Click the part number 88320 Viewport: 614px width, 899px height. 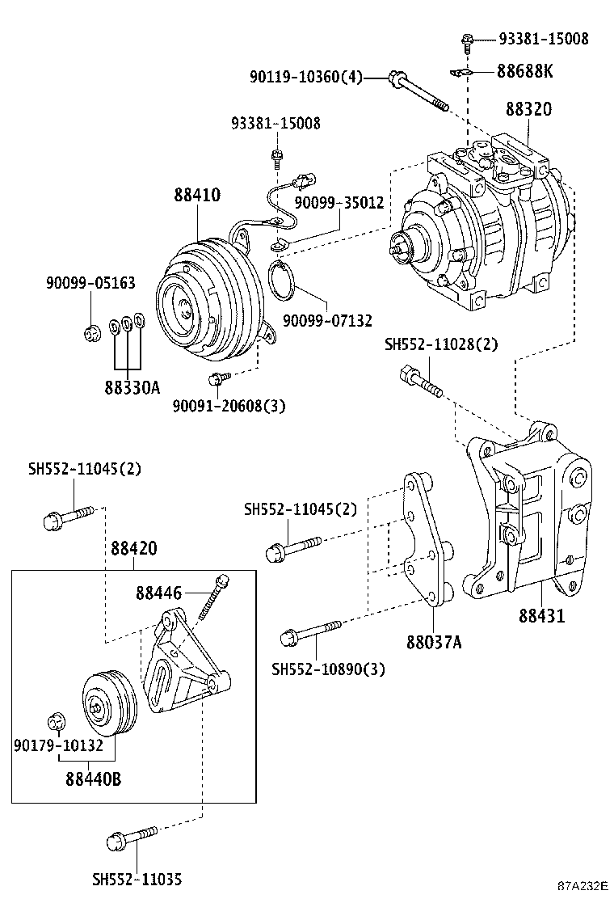pos(529,108)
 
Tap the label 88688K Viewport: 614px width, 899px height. pos(524,71)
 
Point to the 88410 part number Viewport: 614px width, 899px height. pos(196,195)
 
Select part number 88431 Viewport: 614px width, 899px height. pos(541,616)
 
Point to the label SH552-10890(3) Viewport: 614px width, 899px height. pos(328,669)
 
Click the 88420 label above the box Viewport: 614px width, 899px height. pos(133,548)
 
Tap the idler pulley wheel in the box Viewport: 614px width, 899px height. pos(109,702)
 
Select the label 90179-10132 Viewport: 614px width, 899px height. pos(58,745)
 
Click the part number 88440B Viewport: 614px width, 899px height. pos(94,779)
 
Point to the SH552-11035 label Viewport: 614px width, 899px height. pos(137,879)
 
